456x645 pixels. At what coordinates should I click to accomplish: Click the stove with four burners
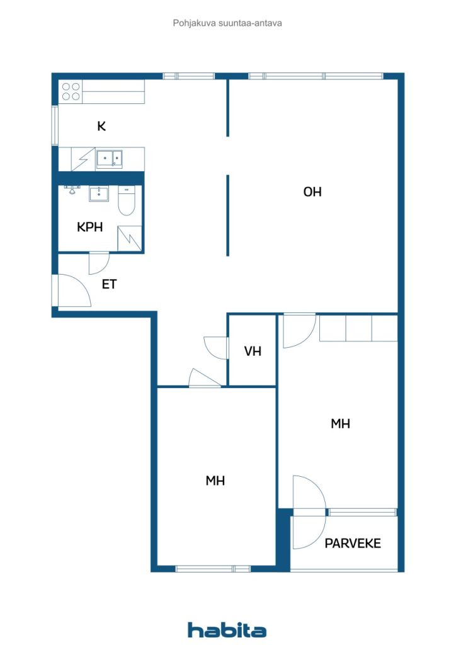(x=71, y=91)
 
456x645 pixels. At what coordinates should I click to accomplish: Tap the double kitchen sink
(x=109, y=159)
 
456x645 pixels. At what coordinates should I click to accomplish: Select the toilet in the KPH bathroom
(x=126, y=200)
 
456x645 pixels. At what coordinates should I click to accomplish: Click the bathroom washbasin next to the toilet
(x=99, y=194)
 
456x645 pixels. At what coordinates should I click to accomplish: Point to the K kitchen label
(x=101, y=126)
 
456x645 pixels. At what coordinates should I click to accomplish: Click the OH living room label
(x=312, y=191)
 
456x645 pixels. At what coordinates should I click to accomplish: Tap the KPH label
(x=89, y=227)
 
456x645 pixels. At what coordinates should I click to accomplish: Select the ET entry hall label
(x=109, y=284)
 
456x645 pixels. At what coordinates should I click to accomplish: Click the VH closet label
(x=253, y=351)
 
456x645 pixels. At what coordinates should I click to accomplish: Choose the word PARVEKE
(x=352, y=544)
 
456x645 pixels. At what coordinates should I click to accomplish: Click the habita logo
(x=227, y=630)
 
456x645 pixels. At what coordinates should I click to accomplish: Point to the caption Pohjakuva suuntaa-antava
(x=227, y=23)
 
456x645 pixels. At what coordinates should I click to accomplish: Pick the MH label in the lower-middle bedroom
(x=215, y=481)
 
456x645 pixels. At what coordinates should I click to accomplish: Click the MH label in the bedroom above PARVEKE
(x=340, y=424)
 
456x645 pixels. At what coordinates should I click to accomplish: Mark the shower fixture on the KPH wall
(x=72, y=190)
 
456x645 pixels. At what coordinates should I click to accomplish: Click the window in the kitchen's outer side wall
(x=55, y=125)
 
